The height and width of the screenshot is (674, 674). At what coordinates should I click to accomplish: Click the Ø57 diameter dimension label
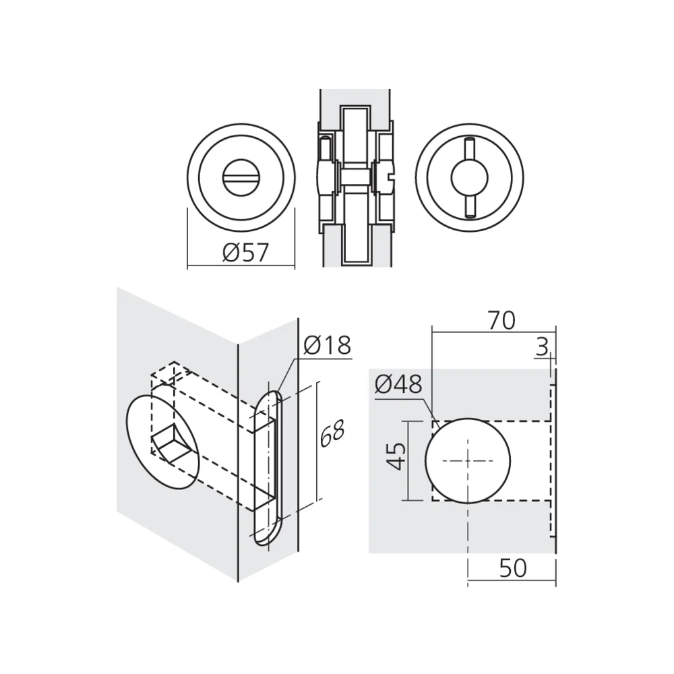[245, 253]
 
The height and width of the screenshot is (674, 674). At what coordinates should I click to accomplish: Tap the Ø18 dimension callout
[327, 345]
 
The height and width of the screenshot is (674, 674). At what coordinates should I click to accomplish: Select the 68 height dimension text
[332, 435]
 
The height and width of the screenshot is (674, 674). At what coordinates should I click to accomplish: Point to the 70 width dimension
[501, 319]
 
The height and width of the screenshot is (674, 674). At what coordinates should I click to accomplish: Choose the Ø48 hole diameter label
[398, 384]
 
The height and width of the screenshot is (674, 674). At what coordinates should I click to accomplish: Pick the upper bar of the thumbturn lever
[469, 148]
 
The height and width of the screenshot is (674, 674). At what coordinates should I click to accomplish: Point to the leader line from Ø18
[288, 377]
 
